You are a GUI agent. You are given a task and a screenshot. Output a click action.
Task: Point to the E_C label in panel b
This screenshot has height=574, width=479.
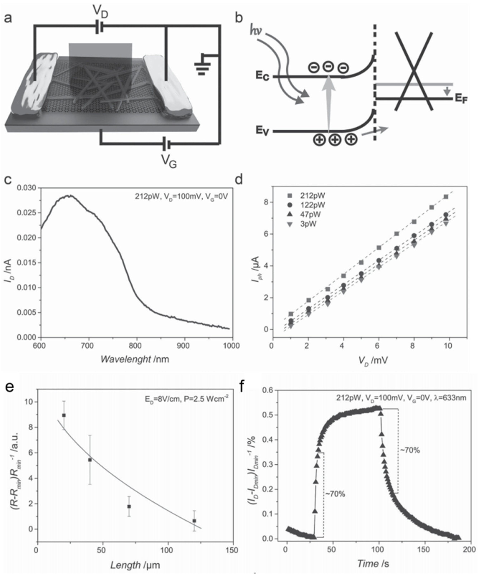click(x=262, y=76)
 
